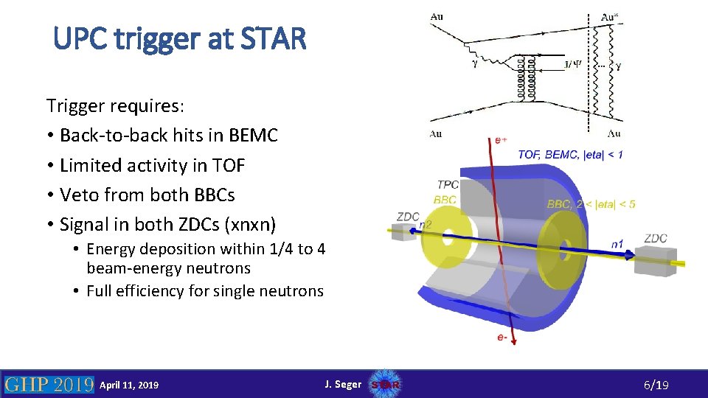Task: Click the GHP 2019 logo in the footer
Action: click(x=49, y=384)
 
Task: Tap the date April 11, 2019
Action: click(x=129, y=385)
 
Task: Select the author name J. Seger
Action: click(x=343, y=384)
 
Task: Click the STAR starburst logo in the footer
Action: click(x=386, y=384)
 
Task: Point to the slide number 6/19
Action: click(x=656, y=385)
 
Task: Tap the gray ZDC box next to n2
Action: click(x=404, y=231)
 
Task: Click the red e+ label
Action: click(x=501, y=139)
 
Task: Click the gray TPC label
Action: click(x=448, y=184)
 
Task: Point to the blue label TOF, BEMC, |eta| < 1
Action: click(x=570, y=154)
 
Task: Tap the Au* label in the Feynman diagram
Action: click(x=609, y=17)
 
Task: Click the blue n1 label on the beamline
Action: click(x=618, y=244)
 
